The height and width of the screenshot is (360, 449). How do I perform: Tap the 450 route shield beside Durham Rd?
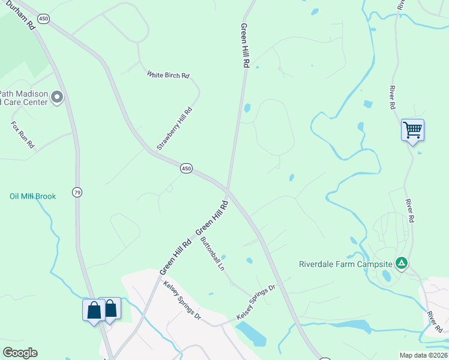[x=43, y=19]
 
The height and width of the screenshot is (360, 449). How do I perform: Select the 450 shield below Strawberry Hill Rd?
[x=186, y=169]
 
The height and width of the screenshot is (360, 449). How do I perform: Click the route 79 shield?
[x=76, y=192]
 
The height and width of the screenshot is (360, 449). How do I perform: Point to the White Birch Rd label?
[x=168, y=75]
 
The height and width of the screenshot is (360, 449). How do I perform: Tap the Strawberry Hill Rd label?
[x=174, y=128]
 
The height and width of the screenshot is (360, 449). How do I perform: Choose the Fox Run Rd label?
[x=23, y=136]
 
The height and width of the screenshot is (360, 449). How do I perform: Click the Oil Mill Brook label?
[x=32, y=196]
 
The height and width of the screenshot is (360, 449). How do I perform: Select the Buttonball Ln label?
[x=212, y=254]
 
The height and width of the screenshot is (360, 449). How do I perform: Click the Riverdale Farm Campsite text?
[x=345, y=263]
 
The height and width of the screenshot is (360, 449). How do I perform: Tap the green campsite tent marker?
[x=401, y=263]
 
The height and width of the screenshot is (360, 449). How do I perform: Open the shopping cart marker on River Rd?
[x=412, y=130]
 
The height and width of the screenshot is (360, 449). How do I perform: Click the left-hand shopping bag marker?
[x=94, y=310]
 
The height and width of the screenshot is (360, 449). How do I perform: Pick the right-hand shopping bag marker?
[x=111, y=309]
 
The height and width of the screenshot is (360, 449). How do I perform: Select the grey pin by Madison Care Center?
[x=57, y=97]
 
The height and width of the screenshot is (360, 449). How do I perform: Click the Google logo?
[x=20, y=353]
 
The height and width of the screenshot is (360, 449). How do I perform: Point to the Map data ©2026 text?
[x=423, y=355]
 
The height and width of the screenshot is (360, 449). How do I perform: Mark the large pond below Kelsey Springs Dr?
[x=251, y=334]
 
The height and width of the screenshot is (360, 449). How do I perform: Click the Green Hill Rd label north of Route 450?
[x=244, y=46]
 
